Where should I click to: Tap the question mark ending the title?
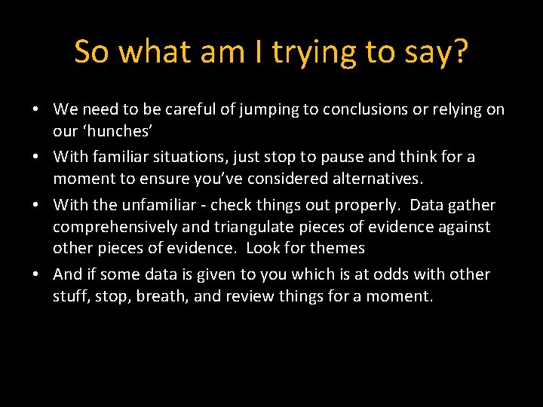(x=460, y=52)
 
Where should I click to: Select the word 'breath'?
(x=162, y=296)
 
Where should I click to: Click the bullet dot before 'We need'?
(x=36, y=110)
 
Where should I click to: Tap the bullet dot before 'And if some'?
(x=36, y=275)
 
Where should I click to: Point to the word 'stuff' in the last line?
(x=70, y=296)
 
